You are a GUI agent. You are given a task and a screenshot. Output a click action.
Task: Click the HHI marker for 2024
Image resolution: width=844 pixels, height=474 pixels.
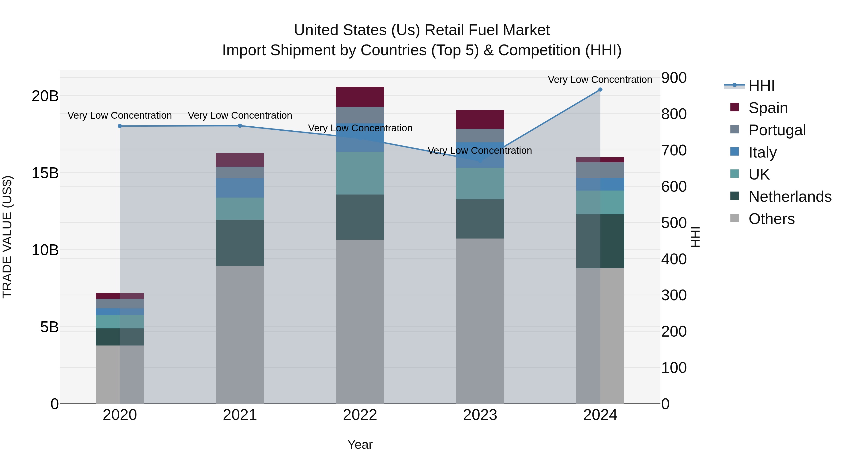(600, 90)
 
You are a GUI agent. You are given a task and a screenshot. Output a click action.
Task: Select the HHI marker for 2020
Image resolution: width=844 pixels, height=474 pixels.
(120, 126)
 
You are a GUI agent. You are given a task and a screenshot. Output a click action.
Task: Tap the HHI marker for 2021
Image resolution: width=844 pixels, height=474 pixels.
(240, 126)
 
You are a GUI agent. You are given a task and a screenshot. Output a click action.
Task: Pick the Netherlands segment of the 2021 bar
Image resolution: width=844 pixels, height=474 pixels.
(240, 243)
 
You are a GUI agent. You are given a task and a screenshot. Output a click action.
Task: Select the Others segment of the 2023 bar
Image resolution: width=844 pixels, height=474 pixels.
(480, 321)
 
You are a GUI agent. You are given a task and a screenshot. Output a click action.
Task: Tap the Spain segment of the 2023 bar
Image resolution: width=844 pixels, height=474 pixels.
(480, 119)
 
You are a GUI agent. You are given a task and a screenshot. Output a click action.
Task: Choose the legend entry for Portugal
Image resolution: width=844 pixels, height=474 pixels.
(776, 130)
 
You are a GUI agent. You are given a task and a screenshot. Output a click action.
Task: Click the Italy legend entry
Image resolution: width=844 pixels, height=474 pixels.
(762, 152)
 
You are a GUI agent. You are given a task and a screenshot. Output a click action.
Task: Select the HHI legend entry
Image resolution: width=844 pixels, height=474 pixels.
(761, 86)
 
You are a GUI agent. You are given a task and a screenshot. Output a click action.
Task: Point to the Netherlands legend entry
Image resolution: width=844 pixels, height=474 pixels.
(790, 197)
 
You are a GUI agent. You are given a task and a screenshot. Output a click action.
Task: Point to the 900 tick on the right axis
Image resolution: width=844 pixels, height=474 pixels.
(674, 78)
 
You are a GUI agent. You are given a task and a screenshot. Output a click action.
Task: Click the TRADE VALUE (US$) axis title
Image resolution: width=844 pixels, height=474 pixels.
(7, 237)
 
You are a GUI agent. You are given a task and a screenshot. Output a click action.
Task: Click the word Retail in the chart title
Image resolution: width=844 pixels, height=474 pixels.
(444, 30)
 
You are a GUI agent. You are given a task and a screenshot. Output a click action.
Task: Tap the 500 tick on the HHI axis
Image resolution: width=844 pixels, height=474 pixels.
(674, 223)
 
